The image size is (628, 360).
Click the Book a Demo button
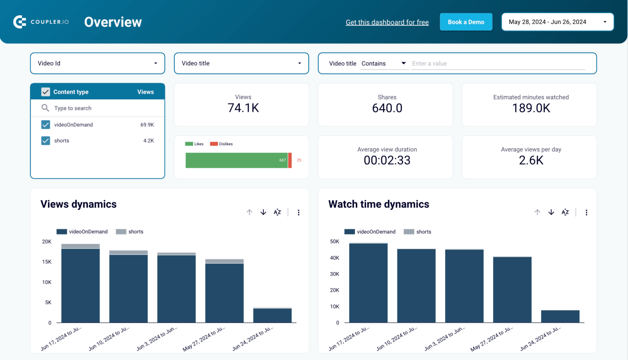pos(466,22)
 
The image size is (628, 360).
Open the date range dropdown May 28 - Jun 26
pos(557,22)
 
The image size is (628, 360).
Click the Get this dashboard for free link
pos(387,22)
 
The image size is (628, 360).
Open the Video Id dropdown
pos(97,63)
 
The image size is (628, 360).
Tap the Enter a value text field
pos(498,63)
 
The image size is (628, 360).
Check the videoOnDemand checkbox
pos(46,125)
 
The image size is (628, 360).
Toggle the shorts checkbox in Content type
pos(46,141)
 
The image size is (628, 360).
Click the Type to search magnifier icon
pos(45,108)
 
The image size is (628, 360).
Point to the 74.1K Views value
pos(243,108)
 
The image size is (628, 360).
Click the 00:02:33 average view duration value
pos(387,160)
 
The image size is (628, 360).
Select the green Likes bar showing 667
pos(236,160)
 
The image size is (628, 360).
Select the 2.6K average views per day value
pos(531,160)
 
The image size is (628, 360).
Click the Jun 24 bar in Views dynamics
pos(272,315)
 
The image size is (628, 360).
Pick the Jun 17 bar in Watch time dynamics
pos(368,283)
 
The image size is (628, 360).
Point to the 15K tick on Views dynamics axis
pos(47,262)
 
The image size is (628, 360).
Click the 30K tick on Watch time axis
pos(334,274)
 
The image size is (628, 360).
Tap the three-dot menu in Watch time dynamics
pos(586,212)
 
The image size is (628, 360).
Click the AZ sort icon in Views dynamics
pos(277,212)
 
